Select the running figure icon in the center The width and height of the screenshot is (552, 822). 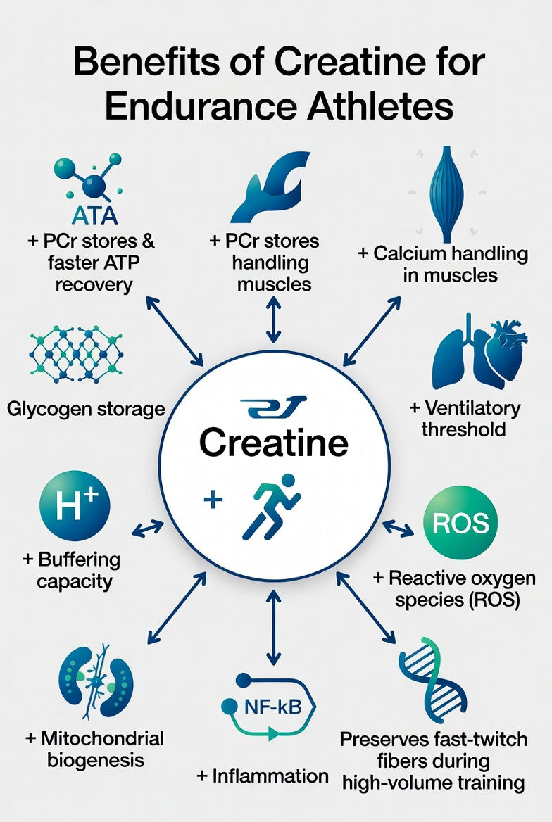pyautogui.click(x=270, y=506)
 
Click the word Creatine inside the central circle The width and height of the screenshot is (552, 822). pyautogui.click(x=273, y=443)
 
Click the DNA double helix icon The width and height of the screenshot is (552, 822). pyautogui.click(x=431, y=677)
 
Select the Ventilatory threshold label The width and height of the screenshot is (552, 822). pyautogui.click(x=465, y=418)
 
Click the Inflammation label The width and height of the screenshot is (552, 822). pyautogui.click(x=263, y=776)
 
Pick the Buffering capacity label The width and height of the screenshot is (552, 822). pyautogui.click(x=71, y=571)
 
